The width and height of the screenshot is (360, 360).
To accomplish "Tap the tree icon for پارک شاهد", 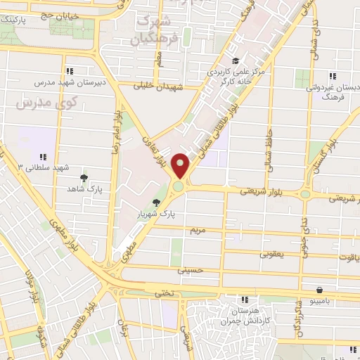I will tap(84, 178).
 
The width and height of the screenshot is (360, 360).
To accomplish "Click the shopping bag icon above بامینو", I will tap(320, 289).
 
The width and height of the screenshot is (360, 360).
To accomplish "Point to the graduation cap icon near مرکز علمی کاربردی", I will tap(236, 61).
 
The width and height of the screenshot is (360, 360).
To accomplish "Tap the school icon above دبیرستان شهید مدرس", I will tap(70, 70).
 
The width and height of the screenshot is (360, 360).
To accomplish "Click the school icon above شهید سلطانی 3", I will tap(43, 157).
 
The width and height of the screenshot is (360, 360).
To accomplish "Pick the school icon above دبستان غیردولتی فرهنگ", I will tap(331, 77).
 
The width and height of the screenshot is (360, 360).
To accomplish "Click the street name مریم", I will tap(198, 230).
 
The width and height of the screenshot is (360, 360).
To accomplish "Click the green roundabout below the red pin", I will tap(179, 186).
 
